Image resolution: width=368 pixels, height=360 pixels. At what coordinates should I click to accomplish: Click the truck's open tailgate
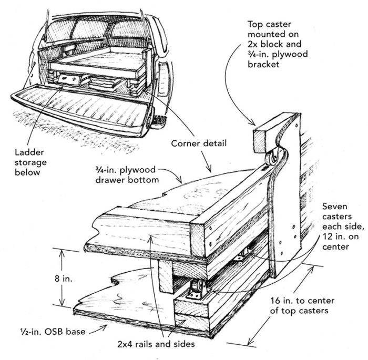(79, 108)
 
